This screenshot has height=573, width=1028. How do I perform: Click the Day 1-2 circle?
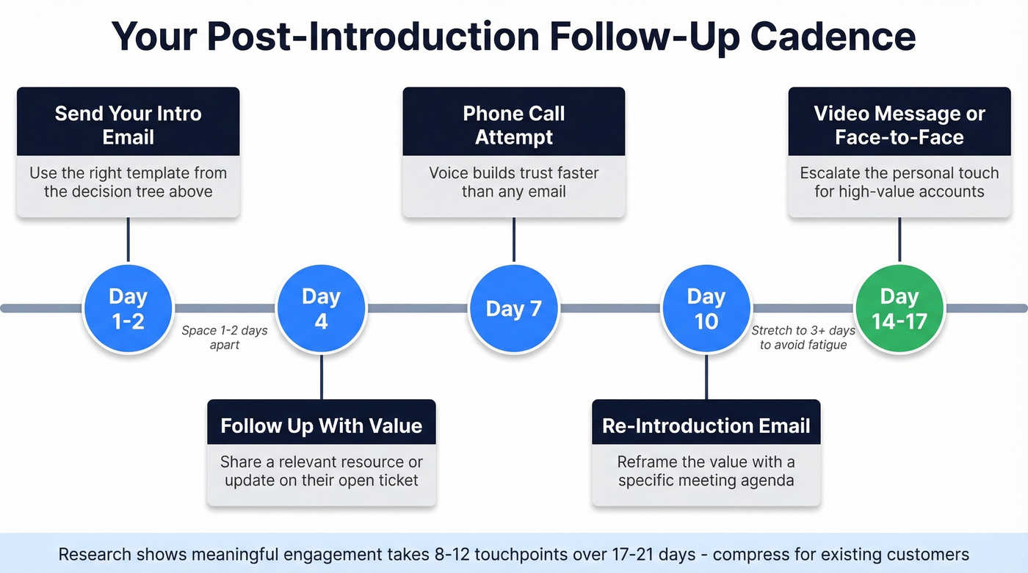(x=128, y=308)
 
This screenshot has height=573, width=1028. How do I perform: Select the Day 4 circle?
(x=321, y=308)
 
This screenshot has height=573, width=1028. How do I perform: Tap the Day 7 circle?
(x=513, y=308)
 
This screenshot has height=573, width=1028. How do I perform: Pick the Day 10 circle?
(x=706, y=308)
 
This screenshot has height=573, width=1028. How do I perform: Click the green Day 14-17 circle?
(x=899, y=308)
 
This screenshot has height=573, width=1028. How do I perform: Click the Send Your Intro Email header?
(x=128, y=125)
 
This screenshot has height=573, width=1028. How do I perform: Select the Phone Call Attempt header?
(x=513, y=125)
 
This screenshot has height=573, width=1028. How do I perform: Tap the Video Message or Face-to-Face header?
(x=899, y=125)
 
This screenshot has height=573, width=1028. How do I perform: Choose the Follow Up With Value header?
(x=321, y=426)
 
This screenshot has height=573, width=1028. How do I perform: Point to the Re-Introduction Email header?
(x=706, y=426)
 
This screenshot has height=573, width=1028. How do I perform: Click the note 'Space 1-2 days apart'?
(x=225, y=337)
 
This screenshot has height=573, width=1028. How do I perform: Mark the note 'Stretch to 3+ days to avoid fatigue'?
(x=803, y=337)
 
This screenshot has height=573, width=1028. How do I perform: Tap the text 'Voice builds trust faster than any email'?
(x=513, y=182)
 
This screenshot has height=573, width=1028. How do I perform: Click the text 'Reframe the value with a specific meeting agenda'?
(x=706, y=471)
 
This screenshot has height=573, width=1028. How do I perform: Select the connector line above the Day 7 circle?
(x=513, y=239)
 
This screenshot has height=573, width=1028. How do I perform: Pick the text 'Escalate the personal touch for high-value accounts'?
(x=899, y=182)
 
